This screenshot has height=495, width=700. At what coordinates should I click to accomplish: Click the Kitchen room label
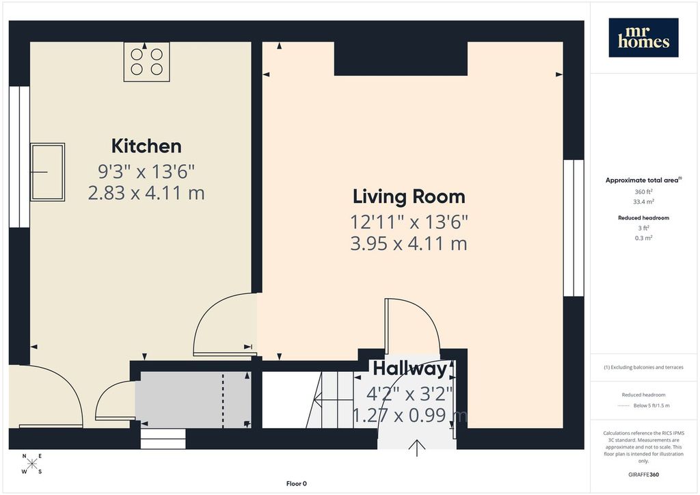pos(146,146)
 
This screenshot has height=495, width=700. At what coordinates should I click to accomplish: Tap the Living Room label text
pos(409,197)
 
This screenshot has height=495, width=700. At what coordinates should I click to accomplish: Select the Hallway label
pos(410,369)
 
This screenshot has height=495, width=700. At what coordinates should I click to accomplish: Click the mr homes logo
pos(643,38)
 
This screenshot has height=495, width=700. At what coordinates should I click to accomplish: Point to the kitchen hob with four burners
pos(146,62)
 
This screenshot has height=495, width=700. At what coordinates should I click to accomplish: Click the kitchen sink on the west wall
pos(47,172)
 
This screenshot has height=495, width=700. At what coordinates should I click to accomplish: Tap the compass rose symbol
pos(32,464)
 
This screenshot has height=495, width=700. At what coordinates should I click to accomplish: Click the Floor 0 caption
pos(297,483)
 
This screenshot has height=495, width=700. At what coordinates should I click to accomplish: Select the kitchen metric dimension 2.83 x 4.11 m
pos(146,193)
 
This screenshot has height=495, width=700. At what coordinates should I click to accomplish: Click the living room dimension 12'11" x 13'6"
pos(409,222)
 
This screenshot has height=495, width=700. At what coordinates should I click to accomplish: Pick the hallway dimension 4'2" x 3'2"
pos(410,394)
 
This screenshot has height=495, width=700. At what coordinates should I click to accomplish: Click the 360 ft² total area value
pos(643,191)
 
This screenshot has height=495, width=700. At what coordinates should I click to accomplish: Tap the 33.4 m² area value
pos(643,202)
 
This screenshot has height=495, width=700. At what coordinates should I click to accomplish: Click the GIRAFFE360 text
pos(643,474)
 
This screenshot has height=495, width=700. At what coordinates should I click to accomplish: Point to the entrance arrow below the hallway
pos(416,448)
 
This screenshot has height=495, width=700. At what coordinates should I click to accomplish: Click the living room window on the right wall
pos(574,228)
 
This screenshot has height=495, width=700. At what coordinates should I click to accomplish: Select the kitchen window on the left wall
pos(19,157)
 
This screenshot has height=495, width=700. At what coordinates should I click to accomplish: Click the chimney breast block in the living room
pos(401,59)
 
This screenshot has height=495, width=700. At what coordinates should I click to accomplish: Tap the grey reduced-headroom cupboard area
pos(193,400)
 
